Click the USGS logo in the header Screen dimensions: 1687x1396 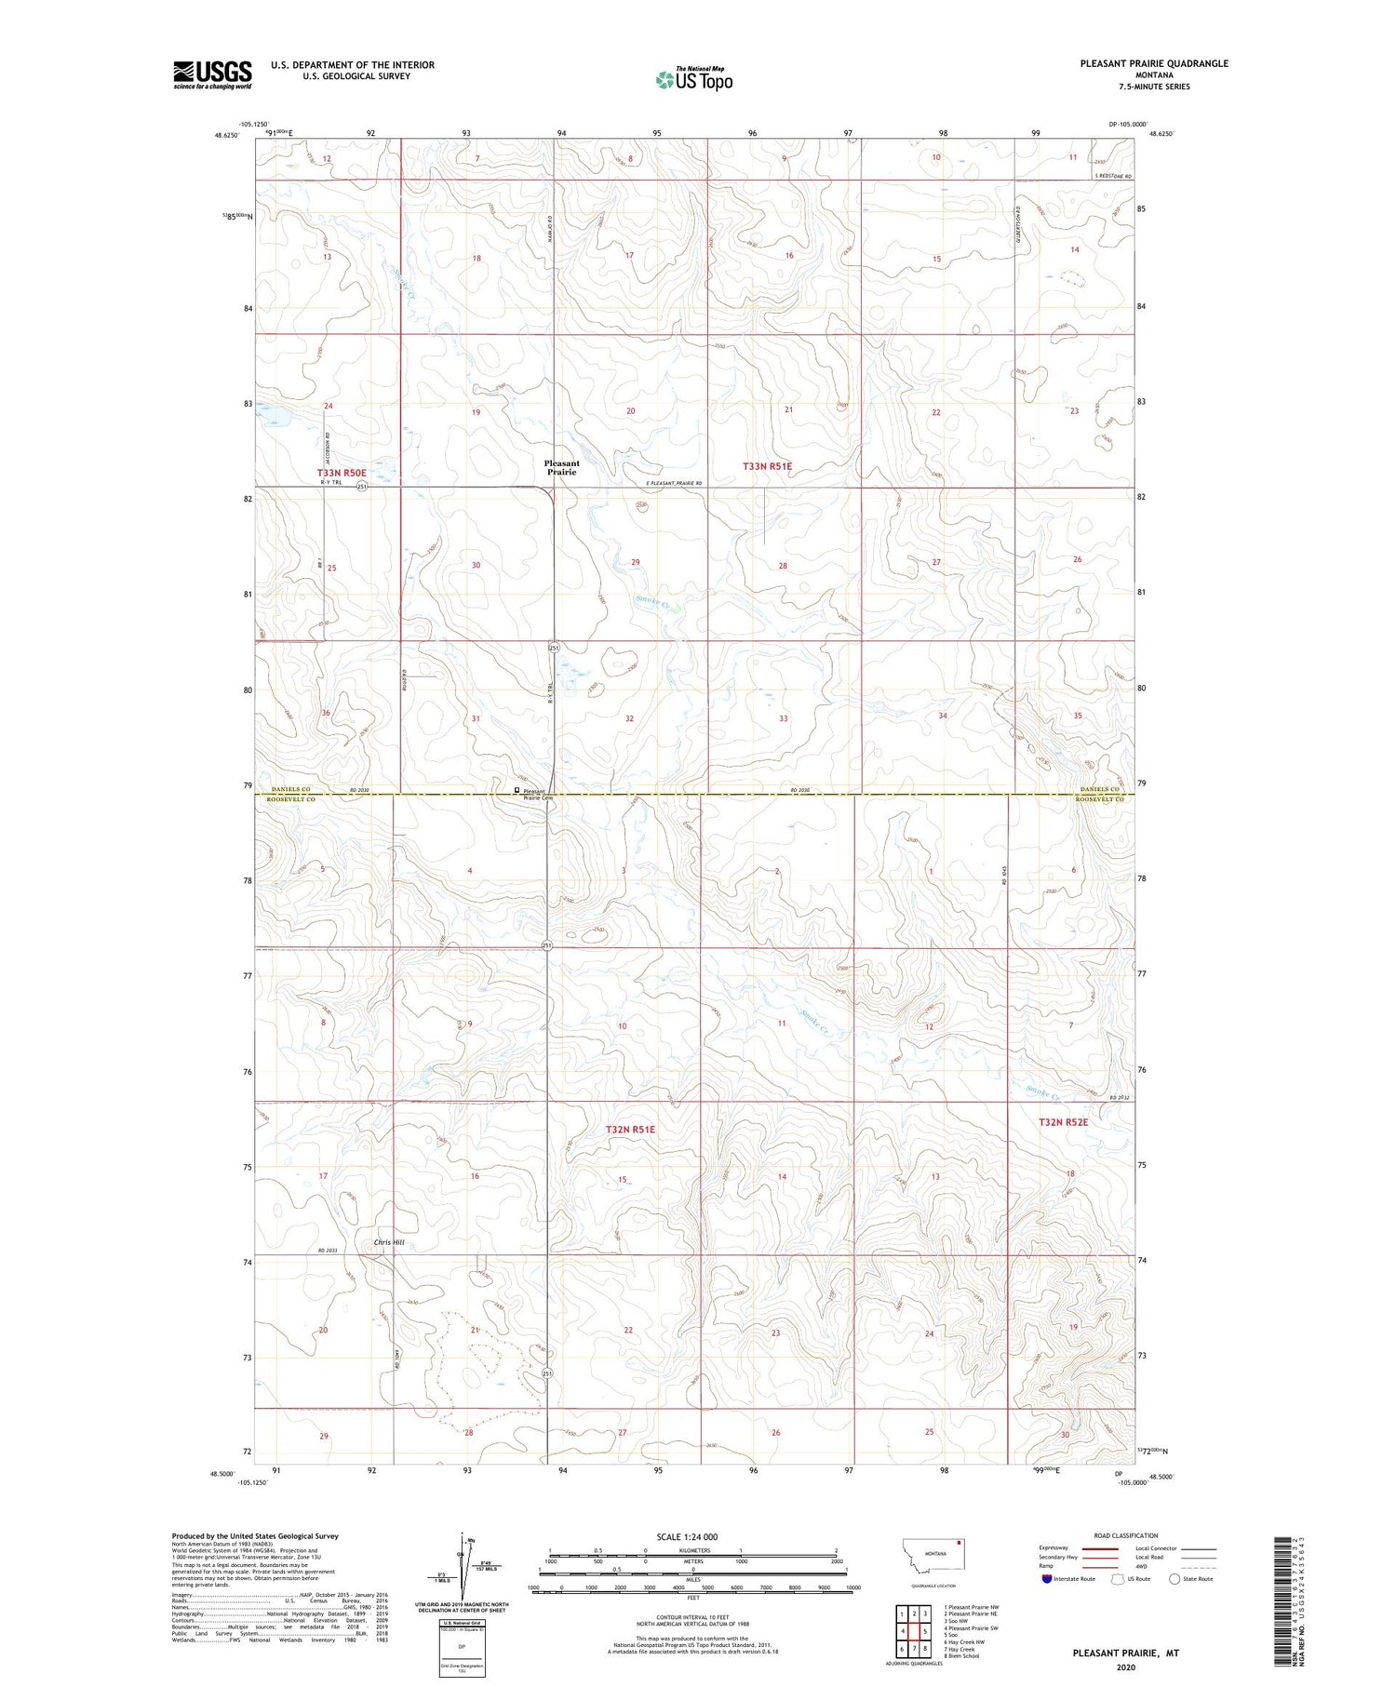212,74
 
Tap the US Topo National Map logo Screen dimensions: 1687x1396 693,79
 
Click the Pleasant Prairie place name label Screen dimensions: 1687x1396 561,467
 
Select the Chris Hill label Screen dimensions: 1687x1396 389,1242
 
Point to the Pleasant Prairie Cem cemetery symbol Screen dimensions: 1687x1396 517,790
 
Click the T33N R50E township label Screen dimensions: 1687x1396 342,473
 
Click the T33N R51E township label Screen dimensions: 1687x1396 767,465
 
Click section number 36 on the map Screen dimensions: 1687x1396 326,713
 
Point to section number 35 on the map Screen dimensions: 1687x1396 1078,716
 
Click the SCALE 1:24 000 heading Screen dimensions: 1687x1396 687,1536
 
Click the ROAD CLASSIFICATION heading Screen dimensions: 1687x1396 1125,1535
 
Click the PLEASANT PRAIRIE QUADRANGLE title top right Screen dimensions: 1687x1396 1154,63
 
